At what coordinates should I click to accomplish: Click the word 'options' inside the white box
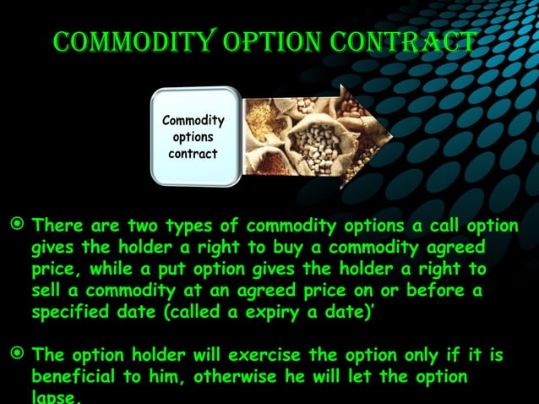coord(193,137)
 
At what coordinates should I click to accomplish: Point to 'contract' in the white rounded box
coord(193,154)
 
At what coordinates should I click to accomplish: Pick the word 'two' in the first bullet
coord(144,227)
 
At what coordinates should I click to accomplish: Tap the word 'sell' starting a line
coord(48,291)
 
